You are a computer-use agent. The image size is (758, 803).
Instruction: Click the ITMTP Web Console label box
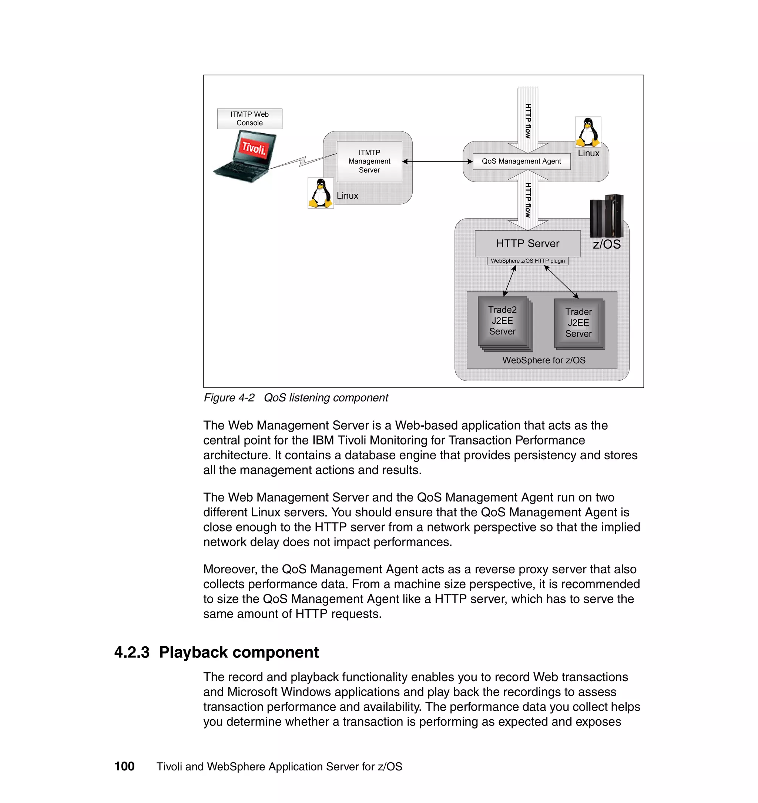coord(249,119)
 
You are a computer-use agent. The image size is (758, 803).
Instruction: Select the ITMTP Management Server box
coord(369,161)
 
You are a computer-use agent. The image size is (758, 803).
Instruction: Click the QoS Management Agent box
coord(521,161)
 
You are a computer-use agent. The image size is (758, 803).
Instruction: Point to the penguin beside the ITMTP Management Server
coord(321,193)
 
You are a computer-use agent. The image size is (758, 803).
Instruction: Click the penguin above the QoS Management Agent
coord(587,132)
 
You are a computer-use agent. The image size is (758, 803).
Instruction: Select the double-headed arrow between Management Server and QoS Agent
coord(437,162)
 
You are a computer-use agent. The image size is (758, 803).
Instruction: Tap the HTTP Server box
coord(527,243)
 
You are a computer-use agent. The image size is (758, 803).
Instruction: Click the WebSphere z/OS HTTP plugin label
coord(527,261)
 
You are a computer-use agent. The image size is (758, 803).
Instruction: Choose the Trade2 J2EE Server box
coord(502,321)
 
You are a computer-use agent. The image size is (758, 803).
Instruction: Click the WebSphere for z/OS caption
coord(543,360)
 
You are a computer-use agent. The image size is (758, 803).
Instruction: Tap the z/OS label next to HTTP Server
coord(606,244)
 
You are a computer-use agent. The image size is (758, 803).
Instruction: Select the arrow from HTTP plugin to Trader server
coord(561,282)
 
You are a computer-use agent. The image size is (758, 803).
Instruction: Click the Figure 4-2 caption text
coord(295,397)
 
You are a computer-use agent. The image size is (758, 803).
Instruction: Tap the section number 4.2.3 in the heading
coord(132,653)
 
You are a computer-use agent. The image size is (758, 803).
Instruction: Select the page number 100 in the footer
coord(124,766)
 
